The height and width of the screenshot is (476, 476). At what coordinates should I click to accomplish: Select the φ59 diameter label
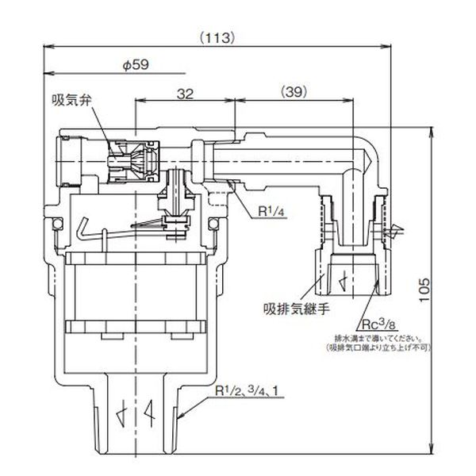pyautogui.click(x=136, y=67)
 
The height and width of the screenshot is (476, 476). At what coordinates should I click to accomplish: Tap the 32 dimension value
pyautogui.click(x=185, y=93)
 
